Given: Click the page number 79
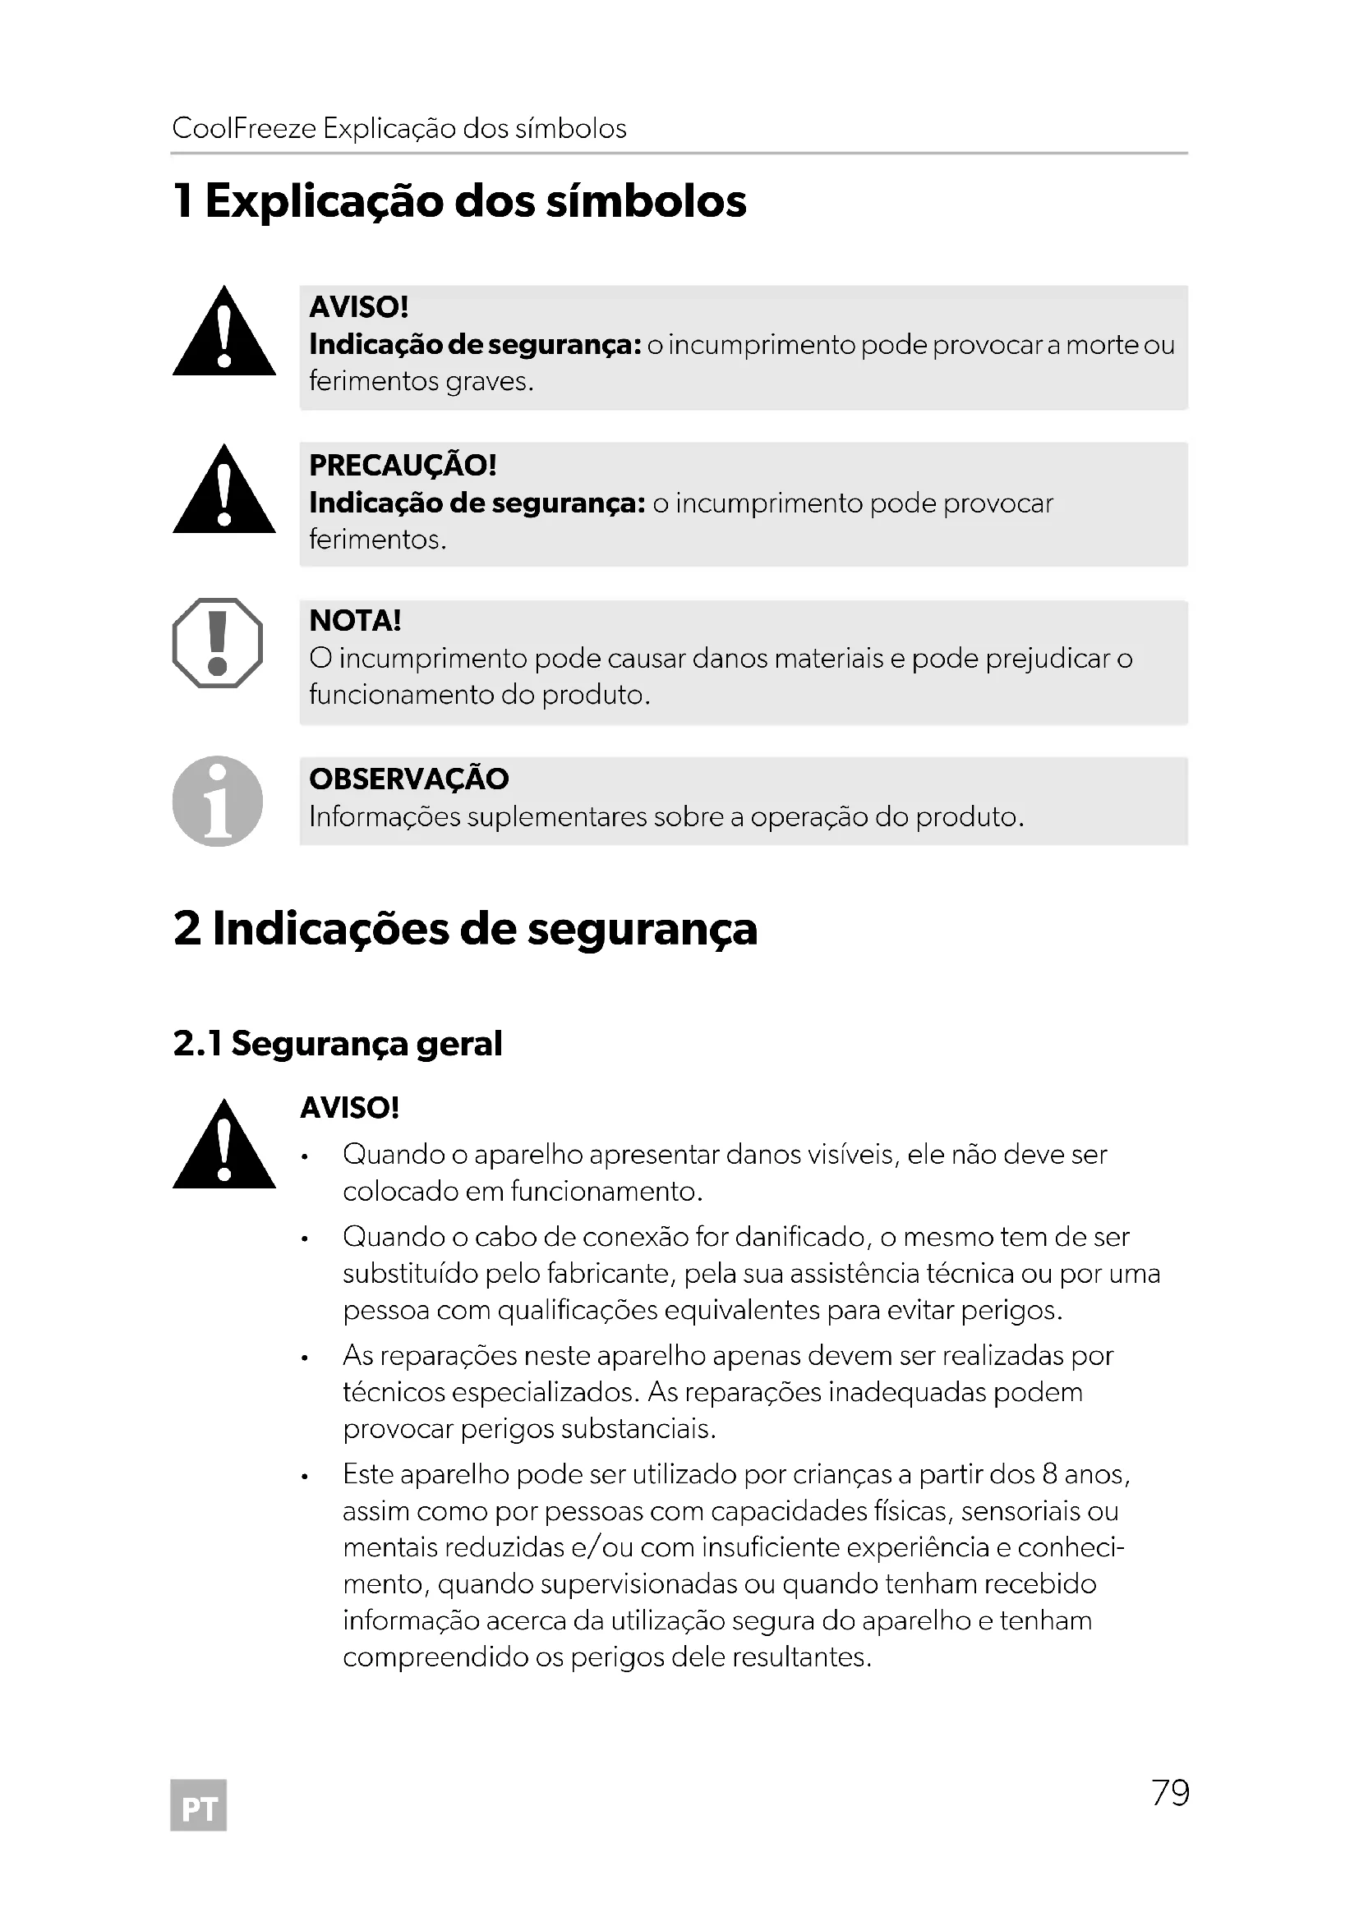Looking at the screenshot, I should [1170, 1792].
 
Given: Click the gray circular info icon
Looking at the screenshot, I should [218, 801].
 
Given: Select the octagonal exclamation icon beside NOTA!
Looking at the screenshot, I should [218, 642].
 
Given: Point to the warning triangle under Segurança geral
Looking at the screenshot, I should [223, 1147].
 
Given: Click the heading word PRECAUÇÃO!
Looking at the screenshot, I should [403, 465].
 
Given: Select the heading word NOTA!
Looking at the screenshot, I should [355, 621].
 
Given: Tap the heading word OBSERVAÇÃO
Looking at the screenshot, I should [408, 779].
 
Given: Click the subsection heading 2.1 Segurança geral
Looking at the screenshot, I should [337, 1043].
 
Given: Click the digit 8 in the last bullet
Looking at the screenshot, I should [1050, 1474].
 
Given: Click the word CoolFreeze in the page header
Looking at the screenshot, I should [243, 129].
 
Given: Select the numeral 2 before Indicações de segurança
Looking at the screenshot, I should [187, 929].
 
